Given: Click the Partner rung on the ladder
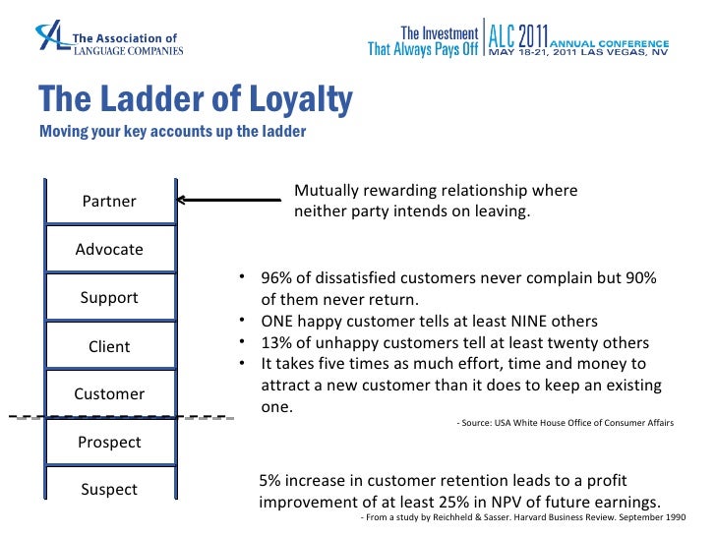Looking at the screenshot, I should [109, 202].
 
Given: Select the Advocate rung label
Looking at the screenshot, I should [109, 250].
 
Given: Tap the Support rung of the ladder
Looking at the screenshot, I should [109, 298].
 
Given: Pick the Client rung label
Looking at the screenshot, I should [109, 346].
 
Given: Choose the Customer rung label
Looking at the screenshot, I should [109, 394].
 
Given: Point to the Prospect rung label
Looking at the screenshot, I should [109, 443].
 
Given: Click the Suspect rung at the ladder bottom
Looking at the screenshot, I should [109, 490].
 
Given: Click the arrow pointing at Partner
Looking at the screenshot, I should [227, 201].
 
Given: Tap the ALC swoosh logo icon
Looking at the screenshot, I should [50, 38].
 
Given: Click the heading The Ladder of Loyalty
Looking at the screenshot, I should [195, 99].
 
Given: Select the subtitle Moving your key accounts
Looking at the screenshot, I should [172, 132].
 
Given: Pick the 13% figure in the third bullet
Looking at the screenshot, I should [277, 343].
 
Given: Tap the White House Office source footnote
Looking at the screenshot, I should [565, 423].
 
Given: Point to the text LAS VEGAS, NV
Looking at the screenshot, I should [627, 54].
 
